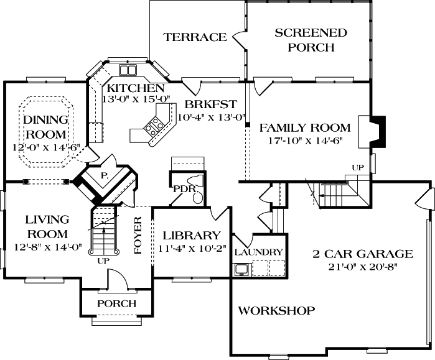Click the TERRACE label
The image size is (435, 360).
coord(195,37)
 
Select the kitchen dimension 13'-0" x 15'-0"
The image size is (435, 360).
coord(133,98)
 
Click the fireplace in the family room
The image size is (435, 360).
coord(378,129)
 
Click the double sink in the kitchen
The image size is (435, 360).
coord(128,69)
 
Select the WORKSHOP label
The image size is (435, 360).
coord(277,310)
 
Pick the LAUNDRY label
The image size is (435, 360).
coord(260,252)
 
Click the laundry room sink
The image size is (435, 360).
coord(241,269)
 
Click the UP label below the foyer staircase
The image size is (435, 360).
coord(103,261)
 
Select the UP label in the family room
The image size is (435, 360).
coord(358,168)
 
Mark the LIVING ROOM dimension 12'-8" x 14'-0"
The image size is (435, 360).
coord(46,246)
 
